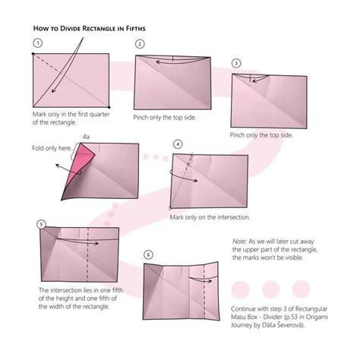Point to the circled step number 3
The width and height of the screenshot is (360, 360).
[x=236, y=63]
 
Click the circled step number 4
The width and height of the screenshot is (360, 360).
[x=178, y=143]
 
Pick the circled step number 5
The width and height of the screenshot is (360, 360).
[x=41, y=225]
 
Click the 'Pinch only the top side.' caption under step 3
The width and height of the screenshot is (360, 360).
[x=261, y=134]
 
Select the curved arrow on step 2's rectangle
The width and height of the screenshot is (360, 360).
[x=172, y=62]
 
